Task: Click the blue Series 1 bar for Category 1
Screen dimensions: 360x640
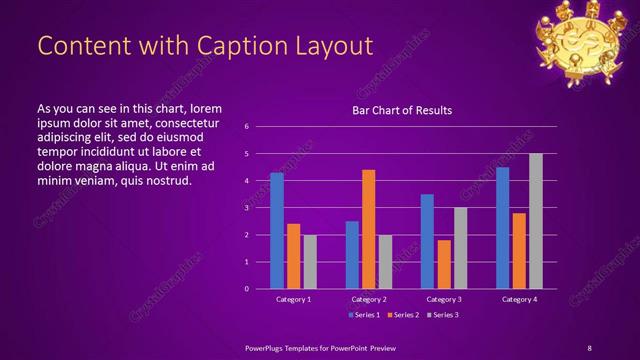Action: [277, 231]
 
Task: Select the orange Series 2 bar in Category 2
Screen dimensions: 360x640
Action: [368, 229]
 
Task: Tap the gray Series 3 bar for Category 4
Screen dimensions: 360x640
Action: [535, 221]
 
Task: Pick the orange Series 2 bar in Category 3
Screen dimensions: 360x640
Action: [443, 264]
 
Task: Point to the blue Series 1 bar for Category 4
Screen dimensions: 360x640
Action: [502, 228]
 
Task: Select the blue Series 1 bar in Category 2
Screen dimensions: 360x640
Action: [352, 255]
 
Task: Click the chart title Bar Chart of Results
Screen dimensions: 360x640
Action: [402, 110]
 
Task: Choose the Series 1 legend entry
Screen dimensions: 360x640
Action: [363, 315]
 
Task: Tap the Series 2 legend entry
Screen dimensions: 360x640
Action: [402, 315]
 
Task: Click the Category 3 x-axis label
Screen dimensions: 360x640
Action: [443, 299]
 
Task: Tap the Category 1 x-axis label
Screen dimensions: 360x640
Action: [293, 299]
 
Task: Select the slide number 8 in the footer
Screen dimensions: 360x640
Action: [589, 347]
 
